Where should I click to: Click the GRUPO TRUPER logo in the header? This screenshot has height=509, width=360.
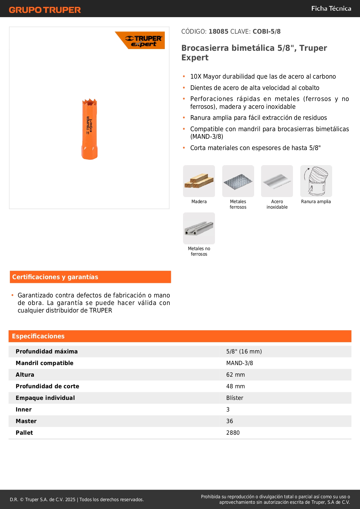click(45, 10)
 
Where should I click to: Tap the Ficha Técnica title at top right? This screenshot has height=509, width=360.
click(331, 9)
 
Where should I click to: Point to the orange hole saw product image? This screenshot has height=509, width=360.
click(89, 129)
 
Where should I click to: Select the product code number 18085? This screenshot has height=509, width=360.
click(218, 32)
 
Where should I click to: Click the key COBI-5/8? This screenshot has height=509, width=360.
click(267, 32)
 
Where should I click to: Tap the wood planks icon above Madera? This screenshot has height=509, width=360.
click(199, 181)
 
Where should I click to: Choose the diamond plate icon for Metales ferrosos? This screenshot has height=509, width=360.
click(238, 181)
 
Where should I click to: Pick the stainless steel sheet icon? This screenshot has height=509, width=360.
click(277, 181)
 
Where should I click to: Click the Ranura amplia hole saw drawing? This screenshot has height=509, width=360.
click(316, 181)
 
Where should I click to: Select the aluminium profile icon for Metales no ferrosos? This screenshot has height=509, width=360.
click(199, 228)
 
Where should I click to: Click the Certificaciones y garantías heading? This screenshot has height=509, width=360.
click(55, 277)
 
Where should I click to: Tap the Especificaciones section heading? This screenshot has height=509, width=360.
click(38, 336)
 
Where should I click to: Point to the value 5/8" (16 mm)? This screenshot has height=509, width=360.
click(244, 351)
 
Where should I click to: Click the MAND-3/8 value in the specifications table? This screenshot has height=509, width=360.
click(240, 363)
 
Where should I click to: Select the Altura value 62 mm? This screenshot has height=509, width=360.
click(236, 375)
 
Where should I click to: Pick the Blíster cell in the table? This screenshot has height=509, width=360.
click(235, 398)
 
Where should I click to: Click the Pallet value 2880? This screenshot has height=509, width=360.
click(233, 433)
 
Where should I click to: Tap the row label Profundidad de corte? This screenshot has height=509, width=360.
click(47, 386)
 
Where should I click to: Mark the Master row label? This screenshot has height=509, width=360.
click(26, 421)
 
